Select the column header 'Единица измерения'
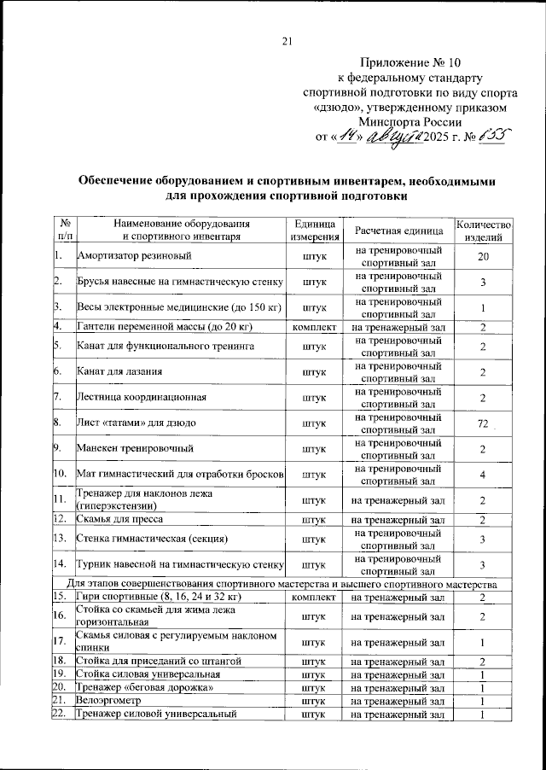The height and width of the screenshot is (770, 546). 315,230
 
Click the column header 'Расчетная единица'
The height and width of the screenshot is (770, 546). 398,231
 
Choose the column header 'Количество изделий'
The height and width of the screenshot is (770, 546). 483,230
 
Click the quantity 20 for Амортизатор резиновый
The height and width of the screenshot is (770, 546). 483,257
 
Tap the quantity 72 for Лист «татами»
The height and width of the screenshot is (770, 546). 482,424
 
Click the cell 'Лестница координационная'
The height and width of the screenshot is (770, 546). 136,398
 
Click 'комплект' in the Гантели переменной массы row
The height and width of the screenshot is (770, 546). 315,327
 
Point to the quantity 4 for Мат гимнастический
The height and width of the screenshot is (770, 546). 483,474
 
